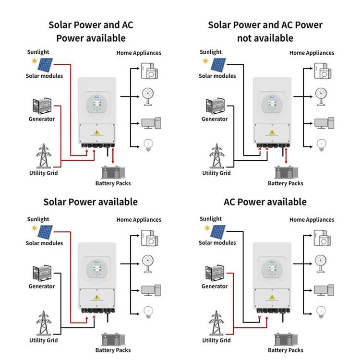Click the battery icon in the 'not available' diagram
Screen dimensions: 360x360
click(x=285, y=172)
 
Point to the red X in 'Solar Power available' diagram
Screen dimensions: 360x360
click(x=94, y=317)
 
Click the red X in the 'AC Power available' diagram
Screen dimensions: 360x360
click(x=260, y=317)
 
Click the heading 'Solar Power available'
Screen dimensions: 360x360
click(x=90, y=202)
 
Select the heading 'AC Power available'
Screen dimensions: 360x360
click(x=265, y=202)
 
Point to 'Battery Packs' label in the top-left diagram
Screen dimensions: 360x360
click(x=113, y=183)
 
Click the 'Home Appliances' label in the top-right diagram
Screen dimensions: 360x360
click(x=312, y=53)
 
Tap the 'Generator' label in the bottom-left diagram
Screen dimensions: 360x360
click(x=42, y=287)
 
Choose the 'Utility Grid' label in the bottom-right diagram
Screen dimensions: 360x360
click(x=216, y=340)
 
